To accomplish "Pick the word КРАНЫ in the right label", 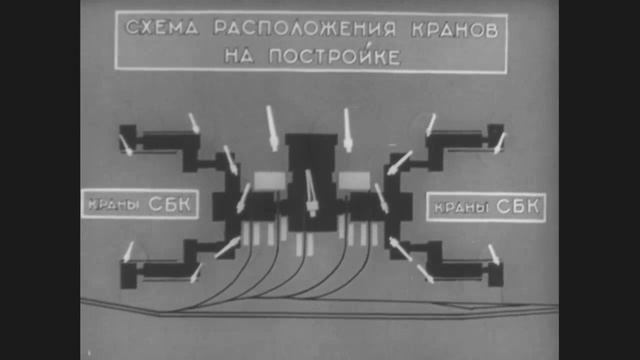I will tap(460, 209).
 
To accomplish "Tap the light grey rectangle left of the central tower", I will tap(270, 181).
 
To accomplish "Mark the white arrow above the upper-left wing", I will tap(195, 124).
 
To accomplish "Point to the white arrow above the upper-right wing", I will tap(430, 125).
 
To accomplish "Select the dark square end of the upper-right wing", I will tap(494, 135).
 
